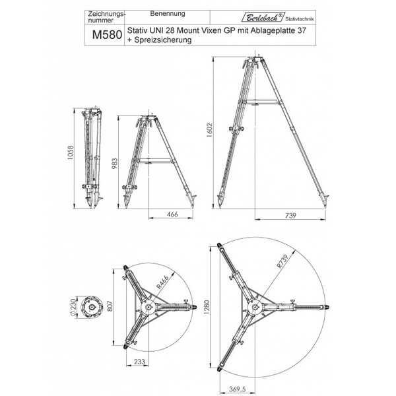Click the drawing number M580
(107, 35)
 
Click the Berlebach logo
(263, 17)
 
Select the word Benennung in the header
(168, 14)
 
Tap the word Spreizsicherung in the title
(163, 40)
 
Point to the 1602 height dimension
(210, 130)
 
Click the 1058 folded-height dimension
(70, 152)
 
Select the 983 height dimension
(115, 164)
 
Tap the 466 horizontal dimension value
(172, 214)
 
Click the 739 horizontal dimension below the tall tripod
(290, 215)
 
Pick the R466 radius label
(162, 282)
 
